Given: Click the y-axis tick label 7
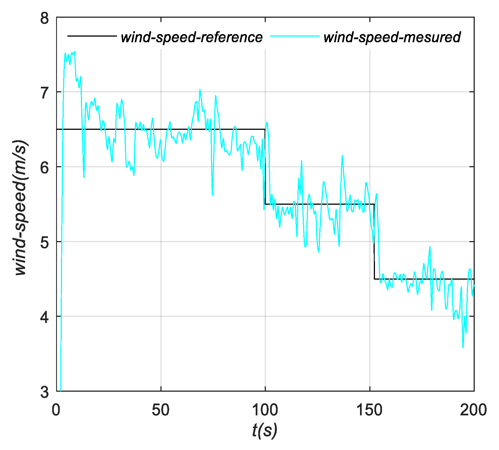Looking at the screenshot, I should pyautogui.click(x=45, y=93).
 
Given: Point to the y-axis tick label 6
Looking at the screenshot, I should pyautogui.click(x=45, y=168).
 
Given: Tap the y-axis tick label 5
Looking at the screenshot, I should pyautogui.click(x=45, y=242).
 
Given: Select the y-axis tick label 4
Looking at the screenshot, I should pyautogui.click(x=45, y=317).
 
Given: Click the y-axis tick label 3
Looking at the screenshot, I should pyautogui.click(x=45, y=392).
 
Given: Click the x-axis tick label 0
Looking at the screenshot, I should pyautogui.click(x=56, y=410).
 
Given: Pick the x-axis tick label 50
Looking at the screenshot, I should pyautogui.click(x=160, y=410).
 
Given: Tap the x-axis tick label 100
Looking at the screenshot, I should pyautogui.click(x=265, y=410).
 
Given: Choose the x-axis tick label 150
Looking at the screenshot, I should pyautogui.click(x=369, y=410).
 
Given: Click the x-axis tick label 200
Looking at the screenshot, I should pyautogui.click(x=473, y=410).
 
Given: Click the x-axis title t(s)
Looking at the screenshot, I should pyautogui.click(x=264, y=430).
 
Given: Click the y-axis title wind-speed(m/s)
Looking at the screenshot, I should pyautogui.click(x=21, y=208).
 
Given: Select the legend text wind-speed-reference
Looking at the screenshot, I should pyautogui.click(x=192, y=37).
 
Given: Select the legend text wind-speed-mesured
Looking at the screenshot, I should pyautogui.click(x=392, y=37).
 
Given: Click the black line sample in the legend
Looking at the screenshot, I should pyautogui.click(x=92, y=36).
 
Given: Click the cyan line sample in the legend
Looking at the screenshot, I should pyautogui.click(x=295, y=36).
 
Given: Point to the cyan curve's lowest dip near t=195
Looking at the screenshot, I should pyautogui.click(x=463, y=347).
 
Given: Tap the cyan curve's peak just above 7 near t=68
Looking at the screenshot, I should pyautogui.click(x=200, y=90).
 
